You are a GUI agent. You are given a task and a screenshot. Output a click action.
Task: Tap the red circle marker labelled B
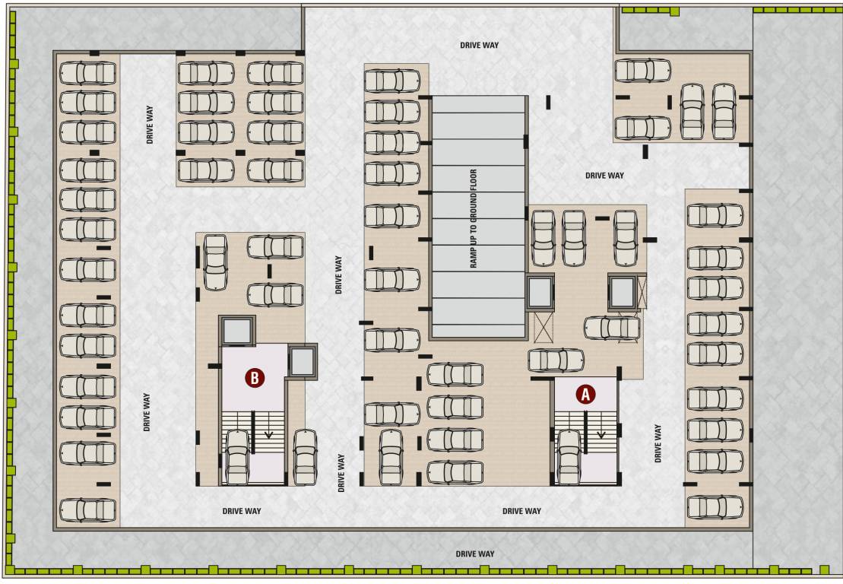255,376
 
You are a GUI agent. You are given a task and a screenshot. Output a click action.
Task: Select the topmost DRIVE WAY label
479,45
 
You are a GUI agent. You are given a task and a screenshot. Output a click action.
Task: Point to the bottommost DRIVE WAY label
475,554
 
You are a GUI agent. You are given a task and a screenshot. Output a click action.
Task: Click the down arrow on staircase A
601,434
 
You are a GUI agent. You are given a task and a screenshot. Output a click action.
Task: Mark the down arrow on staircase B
268,434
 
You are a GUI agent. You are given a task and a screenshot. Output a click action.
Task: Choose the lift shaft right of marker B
301,362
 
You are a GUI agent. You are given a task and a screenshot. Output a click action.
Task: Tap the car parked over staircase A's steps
569,456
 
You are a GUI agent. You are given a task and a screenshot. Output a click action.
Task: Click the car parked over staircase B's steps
237,456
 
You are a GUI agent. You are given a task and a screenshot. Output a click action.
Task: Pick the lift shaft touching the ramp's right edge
540,292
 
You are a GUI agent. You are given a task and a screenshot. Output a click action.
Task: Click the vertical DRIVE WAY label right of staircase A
658,443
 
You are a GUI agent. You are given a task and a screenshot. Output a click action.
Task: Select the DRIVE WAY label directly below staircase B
242,511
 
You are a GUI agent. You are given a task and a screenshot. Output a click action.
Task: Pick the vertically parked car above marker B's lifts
216,262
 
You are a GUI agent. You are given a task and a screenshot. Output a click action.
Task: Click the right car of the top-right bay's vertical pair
724,111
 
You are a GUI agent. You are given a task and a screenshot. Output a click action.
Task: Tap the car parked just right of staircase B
305,456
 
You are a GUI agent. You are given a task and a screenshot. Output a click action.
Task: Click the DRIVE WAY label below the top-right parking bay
604,175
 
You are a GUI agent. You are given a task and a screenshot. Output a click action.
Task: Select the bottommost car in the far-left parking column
88,509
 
